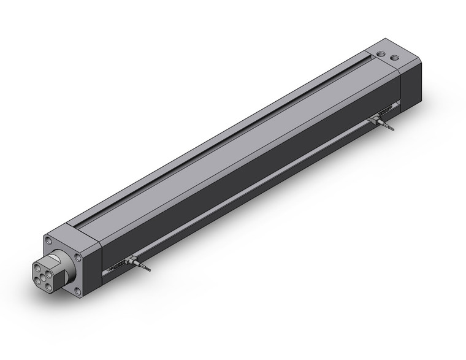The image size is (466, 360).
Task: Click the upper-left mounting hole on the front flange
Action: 48,239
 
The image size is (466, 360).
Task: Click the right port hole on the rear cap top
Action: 394,59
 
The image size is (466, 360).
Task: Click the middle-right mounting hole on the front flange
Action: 78,258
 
